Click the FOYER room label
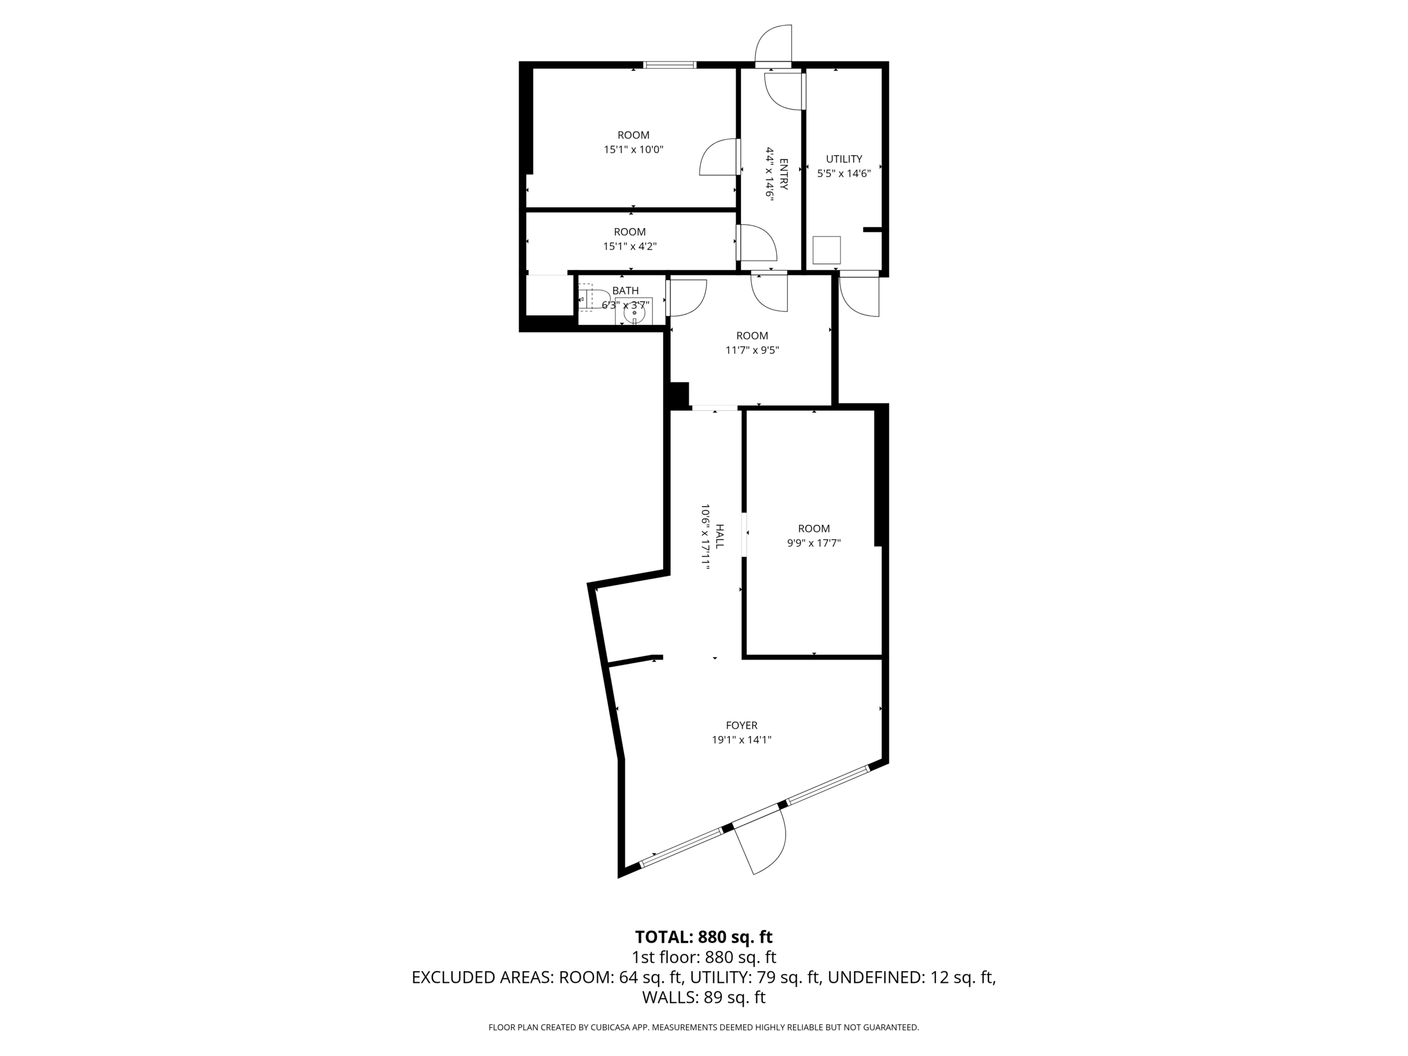pyautogui.click(x=741, y=725)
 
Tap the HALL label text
pyautogui.click(x=720, y=537)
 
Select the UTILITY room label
pyautogui.click(x=844, y=158)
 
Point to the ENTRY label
pyautogui.click(x=784, y=174)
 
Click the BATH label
pyautogui.click(x=625, y=290)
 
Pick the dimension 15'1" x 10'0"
pyautogui.click(x=634, y=150)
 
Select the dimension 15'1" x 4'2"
pyautogui.click(x=630, y=246)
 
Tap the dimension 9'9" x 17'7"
pyautogui.click(x=814, y=543)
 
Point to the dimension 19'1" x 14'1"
pyautogui.click(x=741, y=740)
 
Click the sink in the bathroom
pyautogui.click(x=634, y=312)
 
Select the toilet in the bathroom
pyautogui.click(x=585, y=297)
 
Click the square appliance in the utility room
pyautogui.click(x=826, y=250)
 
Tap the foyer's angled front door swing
pyautogui.click(x=767, y=843)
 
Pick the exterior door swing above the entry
pyautogui.click(x=773, y=45)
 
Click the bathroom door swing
pyautogui.click(x=687, y=298)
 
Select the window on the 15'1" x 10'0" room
pyautogui.click(x=670, y=64)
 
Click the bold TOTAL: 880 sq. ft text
pyautogui.click(x=703, y=937)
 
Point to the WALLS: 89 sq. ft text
pyautogui.click(x=703, y=998)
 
